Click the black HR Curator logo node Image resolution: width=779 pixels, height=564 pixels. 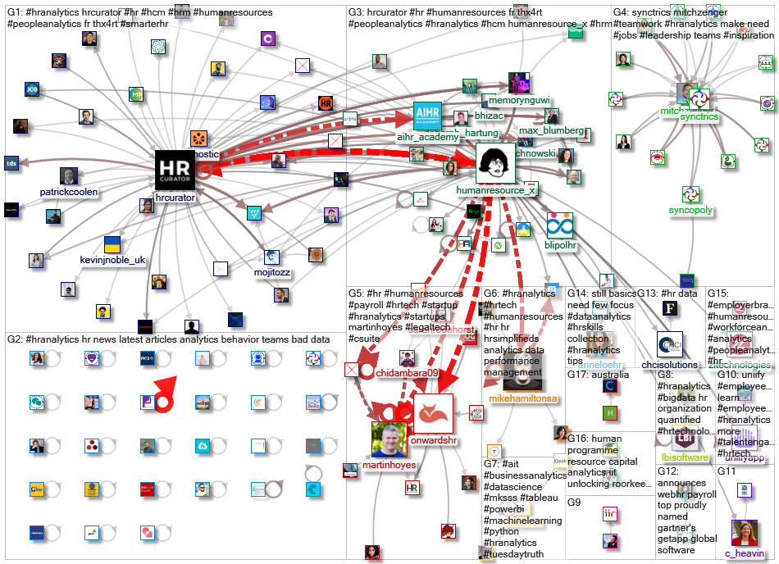[x=175, y=170]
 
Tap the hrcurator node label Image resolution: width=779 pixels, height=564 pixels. [x=175, y=198]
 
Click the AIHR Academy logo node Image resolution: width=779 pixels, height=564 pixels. [x=427, y=116]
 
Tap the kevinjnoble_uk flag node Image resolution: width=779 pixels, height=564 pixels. [x=112, y=244]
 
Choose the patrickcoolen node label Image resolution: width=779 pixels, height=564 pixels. [x=69, y=192]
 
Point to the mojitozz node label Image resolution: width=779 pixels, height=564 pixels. [x=271, y=272]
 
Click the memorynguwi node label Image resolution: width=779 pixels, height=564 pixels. [x=518, y=100]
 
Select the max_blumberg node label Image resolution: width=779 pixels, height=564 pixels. [x=551, y=130]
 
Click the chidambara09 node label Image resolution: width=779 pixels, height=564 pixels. [x=408, y=372]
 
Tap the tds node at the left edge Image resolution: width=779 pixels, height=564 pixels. [x=11, y=161]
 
